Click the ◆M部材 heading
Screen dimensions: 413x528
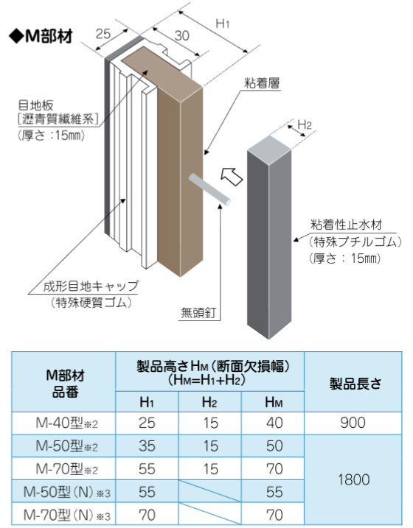[x=41, y=36]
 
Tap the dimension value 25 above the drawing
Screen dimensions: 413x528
[x=103, y=34]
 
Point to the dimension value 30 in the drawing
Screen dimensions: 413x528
[x=182, y=35]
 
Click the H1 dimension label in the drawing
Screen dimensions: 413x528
[x=223, y=24]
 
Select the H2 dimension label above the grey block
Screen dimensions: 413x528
[x=305, y=125]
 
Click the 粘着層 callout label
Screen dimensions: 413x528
[x=263, y=82]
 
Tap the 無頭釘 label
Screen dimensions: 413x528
[x=198, y=313]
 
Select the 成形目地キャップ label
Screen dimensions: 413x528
[x=91, y=286]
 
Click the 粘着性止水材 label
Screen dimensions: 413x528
[x=347, y=225]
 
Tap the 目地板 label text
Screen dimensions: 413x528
[x=35, y=105]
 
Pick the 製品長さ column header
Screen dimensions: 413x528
[x=355, y=384]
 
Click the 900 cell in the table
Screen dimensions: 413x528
[x=353, y=423]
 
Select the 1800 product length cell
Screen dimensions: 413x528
[x=354, y=479]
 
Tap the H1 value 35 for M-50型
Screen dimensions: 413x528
[x=147, y=446]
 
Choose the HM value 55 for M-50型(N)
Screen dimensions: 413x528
[x=274, y=492]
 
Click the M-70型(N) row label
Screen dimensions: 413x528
[x=66, y=515]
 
